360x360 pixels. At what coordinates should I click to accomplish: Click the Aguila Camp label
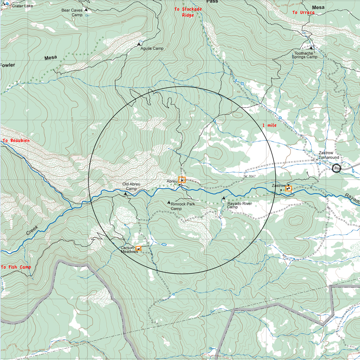click(x=152, y=48)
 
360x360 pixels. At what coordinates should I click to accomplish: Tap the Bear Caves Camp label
click(x=72, y=12)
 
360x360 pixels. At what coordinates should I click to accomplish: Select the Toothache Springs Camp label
click(x=305, y=55)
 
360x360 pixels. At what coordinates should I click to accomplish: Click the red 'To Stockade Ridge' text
click(x=188, y=12)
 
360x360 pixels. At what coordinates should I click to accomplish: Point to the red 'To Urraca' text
click(x=303, y=12)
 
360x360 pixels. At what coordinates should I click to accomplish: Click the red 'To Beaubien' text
click(x=16, y=141)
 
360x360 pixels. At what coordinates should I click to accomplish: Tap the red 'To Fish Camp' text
click(x=16, y=267)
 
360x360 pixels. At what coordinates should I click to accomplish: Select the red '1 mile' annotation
click(x=269, y=125)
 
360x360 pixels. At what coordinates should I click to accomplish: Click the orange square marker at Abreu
click(x=182, y=180)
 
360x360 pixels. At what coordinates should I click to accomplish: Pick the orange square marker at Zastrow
click(x=288, y=188)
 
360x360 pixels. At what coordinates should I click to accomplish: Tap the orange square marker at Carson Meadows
click(x=138, y=248)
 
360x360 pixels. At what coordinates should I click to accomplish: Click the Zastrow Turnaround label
click(x=328, y=155)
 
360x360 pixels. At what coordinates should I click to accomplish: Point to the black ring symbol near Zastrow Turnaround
click(x=336, y=168)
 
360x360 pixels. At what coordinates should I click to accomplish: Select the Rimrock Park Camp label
click(x=183, y=206)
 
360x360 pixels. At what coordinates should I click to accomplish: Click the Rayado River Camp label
click(x=239, y=205)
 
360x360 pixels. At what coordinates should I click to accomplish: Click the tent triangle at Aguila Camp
click(x=139, y=44)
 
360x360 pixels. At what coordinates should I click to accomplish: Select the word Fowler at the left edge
click(x=7, y=65)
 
